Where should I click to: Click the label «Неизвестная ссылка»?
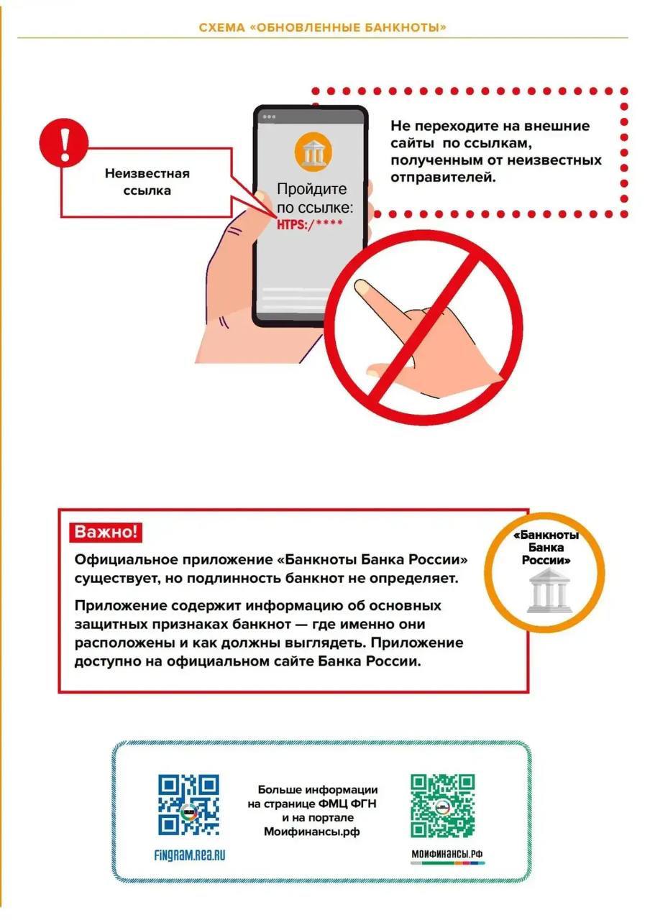tap(147, 183)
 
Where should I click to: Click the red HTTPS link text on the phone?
tap(310, 224)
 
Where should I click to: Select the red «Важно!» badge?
tap(106, 533)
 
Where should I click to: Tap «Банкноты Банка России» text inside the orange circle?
tap(546, 547)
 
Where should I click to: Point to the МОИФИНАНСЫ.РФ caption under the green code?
tap(447, 855)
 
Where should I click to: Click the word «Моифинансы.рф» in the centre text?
tap(312, 832)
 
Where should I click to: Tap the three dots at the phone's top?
tap(269, 116)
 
